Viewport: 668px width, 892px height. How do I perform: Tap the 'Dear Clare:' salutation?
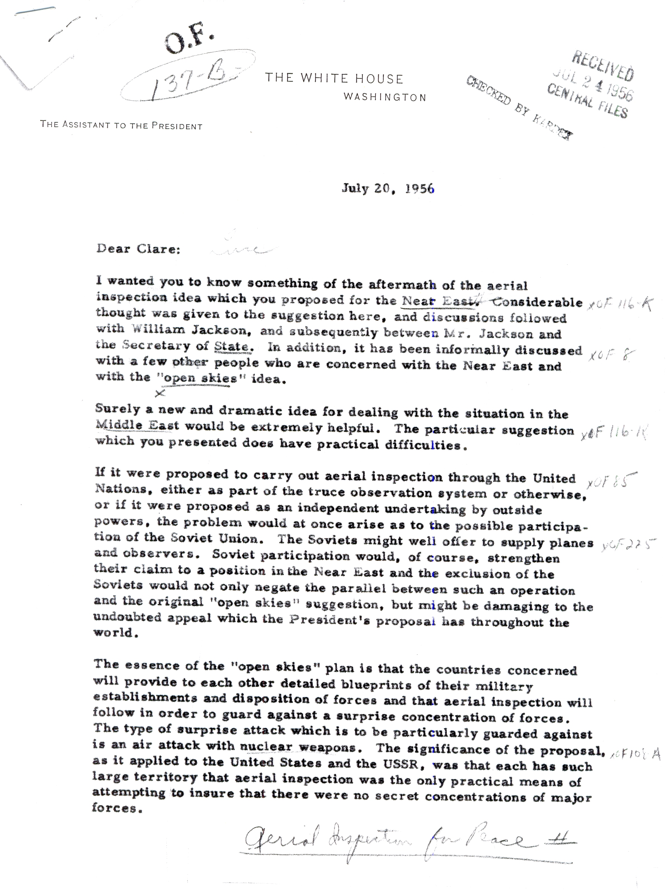(x=138, y=249)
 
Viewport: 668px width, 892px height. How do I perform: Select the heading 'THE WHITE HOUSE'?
(x=334, y=78)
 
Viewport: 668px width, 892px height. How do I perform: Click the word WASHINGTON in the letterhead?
(x=385, y=97)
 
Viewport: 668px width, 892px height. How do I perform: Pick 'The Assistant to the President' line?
(x=121, y=125)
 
